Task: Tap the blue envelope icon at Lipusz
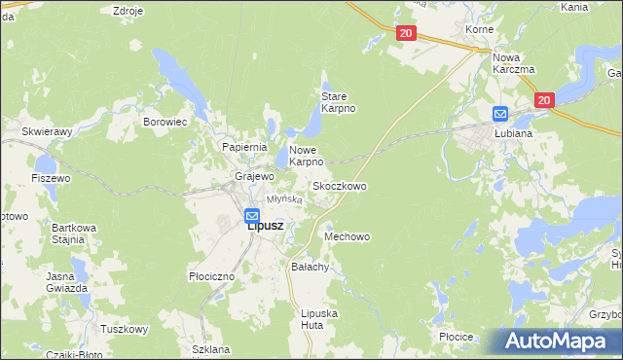251,216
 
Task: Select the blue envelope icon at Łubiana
500,114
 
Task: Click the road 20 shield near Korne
407,34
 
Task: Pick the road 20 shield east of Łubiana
543,100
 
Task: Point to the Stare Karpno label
338,102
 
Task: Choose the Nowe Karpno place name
306,156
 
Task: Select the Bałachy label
311,266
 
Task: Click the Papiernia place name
244,147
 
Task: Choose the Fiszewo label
51,179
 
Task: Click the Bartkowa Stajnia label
74,233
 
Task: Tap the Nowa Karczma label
514,63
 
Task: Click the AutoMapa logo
562,342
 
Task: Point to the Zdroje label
128,11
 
